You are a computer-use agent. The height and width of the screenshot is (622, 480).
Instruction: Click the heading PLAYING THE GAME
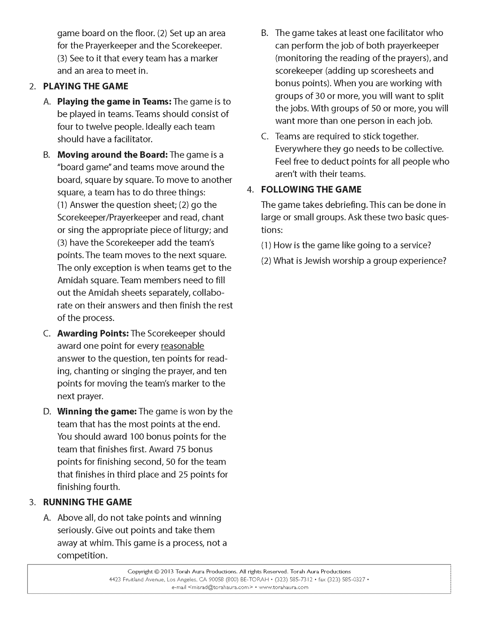tap(86, 86)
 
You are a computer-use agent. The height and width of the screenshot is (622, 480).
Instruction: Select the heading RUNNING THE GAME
tap(87, 502)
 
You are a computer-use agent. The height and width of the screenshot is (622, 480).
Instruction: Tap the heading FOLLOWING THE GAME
tap(311, 189)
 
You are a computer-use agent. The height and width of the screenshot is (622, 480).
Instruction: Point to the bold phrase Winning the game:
tap(97, 411)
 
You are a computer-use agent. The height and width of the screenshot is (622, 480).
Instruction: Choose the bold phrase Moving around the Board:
tap(113, 155)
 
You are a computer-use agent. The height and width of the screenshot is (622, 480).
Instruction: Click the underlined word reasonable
tap(182, 346)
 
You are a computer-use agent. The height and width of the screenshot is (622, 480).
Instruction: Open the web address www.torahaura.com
tap(283, 587)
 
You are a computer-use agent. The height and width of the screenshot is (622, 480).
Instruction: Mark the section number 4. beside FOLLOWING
tap(251, 190)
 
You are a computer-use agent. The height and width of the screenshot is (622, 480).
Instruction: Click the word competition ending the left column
tap(82, 555)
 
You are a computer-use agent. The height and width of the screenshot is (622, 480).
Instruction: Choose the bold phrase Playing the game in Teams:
tap(114, 101)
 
